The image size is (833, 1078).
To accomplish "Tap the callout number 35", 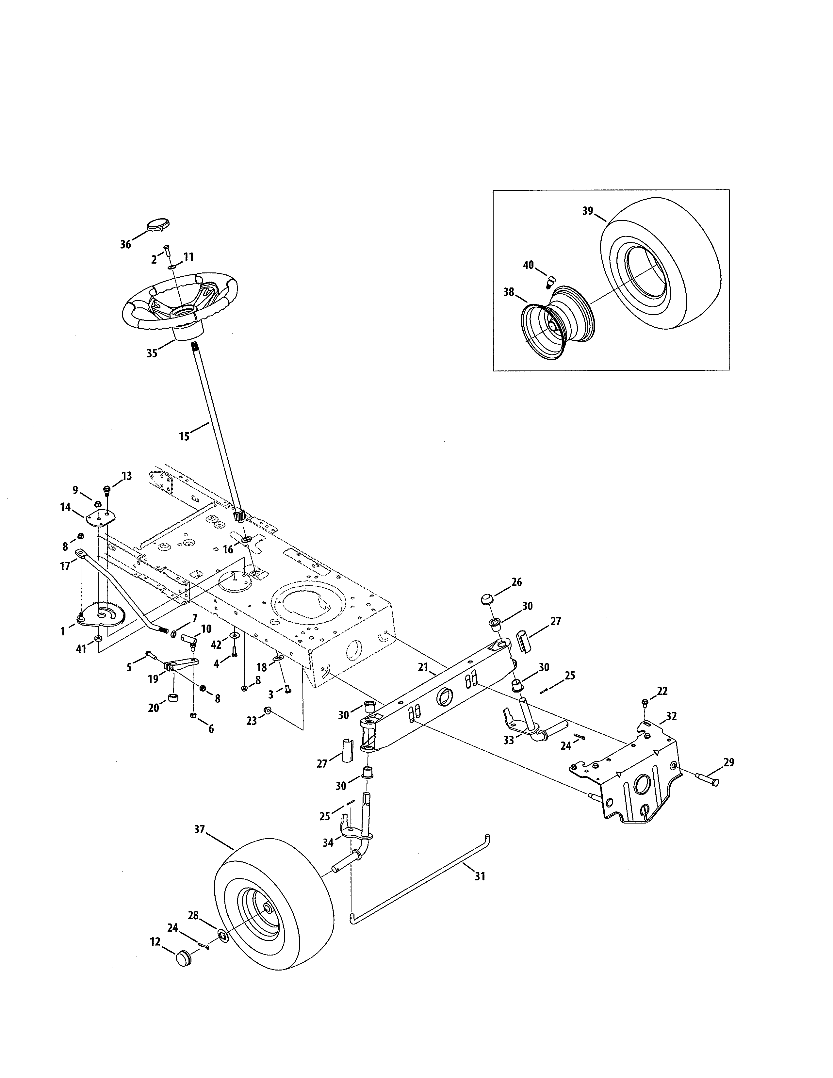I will pyautogui.click(x=152, y=353).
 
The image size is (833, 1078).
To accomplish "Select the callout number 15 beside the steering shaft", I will pyautogui.click(x=184, y=436).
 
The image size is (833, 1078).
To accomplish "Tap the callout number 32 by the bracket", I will pyautogui.click(x=672, y=716).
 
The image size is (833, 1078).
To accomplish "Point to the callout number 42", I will pyautogui.click(x=216, y=645).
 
